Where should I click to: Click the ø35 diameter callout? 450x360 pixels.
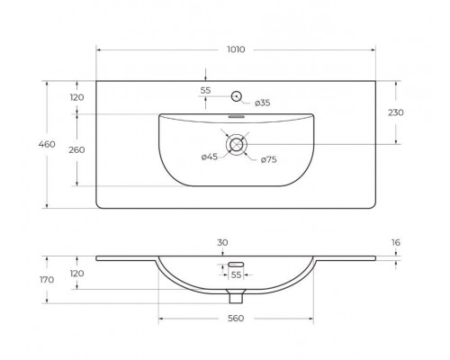[x=261, y=103]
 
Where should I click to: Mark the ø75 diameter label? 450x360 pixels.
[x=268, y=160]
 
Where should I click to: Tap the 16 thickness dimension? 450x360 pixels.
[x=397, y=242]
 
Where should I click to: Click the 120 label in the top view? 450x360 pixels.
[x=76, y=97]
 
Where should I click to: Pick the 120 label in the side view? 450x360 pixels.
[x=76, y=274]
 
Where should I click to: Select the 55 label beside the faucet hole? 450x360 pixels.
[x=205, y=91]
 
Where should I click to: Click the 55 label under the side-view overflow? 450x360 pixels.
[x=237, y=274]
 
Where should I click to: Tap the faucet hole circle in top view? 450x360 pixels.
[x=237, y=95]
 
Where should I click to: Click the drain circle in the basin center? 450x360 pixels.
[x=237, y=144]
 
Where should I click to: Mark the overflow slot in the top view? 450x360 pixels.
[x=237, y=116]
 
